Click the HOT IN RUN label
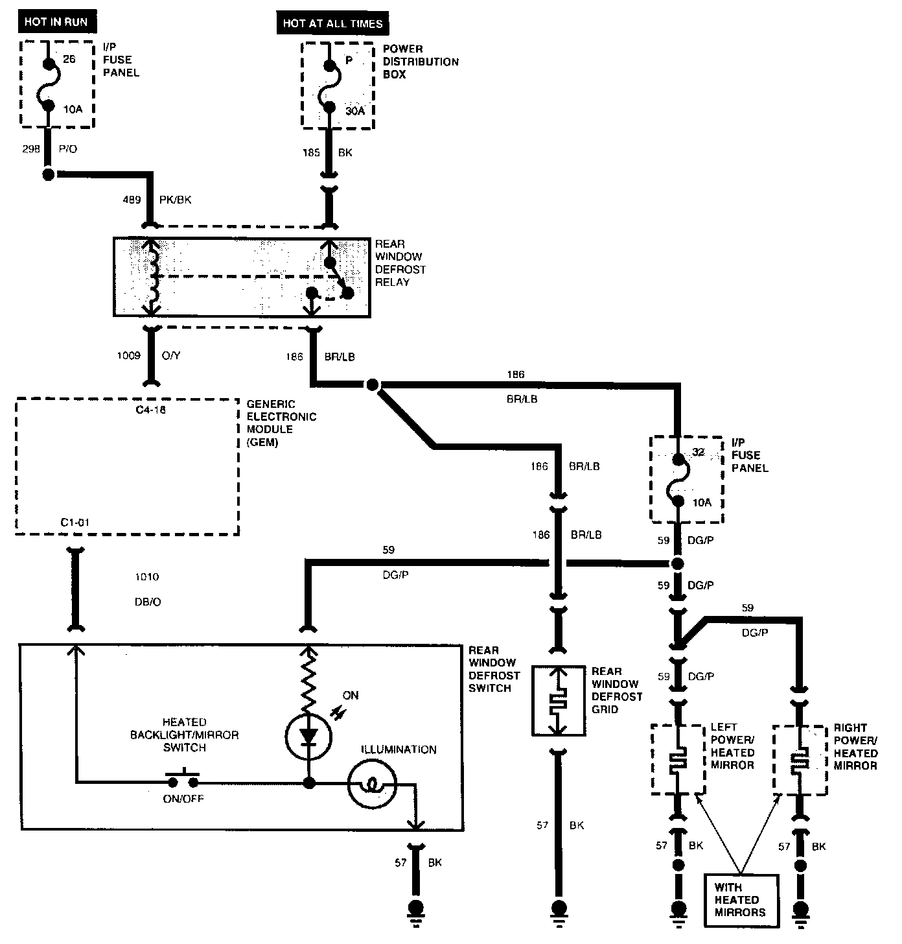click(56, 22)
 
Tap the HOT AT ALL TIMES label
click(332, 23)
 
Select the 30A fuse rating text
click(354, 111)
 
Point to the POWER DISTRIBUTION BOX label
click(421, 62)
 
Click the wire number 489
click(132, 200)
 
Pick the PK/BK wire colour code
click(175, 200)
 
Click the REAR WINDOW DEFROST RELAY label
click(400, 263)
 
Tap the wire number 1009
click(128, 355)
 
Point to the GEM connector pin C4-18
click(150, 410)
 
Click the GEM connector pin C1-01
click(75, 522)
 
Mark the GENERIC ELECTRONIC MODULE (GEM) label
click(281, 423)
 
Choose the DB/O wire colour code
click(147, 602)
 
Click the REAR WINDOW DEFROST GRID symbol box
click(559, 701)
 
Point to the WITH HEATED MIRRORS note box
click(741, 900)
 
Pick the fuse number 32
click(699, 452)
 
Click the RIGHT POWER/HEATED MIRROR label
click(855, 747)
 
